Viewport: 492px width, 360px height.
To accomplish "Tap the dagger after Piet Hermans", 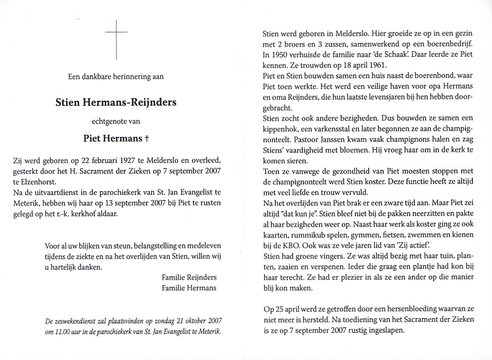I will tap(147, 139).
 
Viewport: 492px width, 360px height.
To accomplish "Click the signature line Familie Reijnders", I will tap(189, 278).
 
